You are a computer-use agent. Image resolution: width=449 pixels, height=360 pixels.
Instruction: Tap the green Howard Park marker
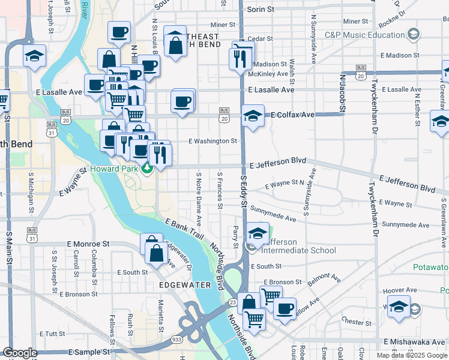(146, 169)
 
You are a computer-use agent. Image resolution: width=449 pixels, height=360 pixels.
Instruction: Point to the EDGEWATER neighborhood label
(185, 285)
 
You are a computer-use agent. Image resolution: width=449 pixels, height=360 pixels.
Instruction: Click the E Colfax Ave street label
(292, 115)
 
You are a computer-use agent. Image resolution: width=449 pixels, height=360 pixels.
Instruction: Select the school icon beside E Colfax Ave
(253, 116)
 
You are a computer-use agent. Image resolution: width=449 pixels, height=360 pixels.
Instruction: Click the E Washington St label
(213, 142)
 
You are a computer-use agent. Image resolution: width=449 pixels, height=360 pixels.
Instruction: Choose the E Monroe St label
(88, 244)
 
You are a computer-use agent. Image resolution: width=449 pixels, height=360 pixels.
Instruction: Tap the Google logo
(20, 353)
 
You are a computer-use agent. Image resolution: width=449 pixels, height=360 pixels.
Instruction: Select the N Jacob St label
(342, 94)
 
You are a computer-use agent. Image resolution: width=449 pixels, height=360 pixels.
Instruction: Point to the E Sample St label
(90, 352)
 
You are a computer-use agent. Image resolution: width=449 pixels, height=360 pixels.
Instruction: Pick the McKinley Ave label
(270, 74)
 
